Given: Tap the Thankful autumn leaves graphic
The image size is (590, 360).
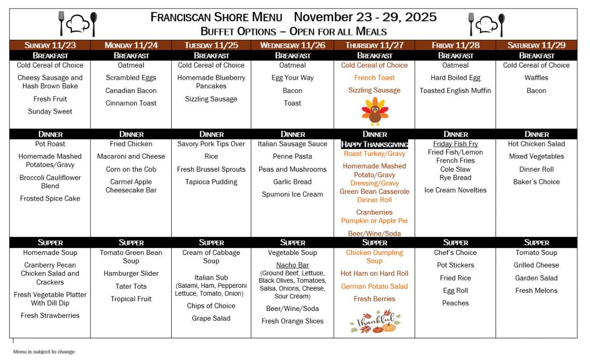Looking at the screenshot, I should pyautogui.click(x=374, y=321).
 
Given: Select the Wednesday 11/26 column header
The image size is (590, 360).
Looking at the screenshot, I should pyautogui.click(x=292, y=45).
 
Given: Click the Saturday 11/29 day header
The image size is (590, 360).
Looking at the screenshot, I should pyautogui.click(x=536, y=45).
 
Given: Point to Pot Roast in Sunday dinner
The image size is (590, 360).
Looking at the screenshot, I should pyautogui.click(x=50, y=144).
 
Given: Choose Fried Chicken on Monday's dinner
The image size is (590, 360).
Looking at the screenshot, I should pyautogui.click(x=131, y=144).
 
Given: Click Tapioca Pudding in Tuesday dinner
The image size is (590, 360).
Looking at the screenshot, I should pyautogui.click(x=211, y=182).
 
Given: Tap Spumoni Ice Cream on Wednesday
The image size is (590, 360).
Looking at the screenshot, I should pyautogui.click(x=292, y=194).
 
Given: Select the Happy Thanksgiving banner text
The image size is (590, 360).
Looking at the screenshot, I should pyautogui.click(x=374, y=144).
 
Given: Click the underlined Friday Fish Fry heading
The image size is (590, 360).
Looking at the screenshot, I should pyautogui.click(x=455, y=144).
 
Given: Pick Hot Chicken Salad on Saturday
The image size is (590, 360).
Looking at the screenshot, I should pyautogui.click(x=536, y=144).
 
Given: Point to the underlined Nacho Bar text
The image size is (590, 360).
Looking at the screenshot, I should pyautogui.click(x=292, y=265).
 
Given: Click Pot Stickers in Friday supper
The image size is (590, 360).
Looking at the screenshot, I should pyautogui.click(x=455, y=265).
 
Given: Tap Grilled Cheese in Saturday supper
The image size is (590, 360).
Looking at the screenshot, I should pyautogui.click(x=536, y=265).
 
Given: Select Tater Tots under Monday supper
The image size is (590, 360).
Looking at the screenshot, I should pyautogui.click(x=131, y=286).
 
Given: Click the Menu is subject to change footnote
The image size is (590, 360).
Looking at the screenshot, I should pyautogui.click(x=44, y=352).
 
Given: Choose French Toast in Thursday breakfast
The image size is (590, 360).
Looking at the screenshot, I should pyautogui.click(x=374, y=78).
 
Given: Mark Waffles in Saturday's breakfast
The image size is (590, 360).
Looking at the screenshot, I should pyautogui.click(x=536, y=78).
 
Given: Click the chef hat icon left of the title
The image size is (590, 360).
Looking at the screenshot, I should pyautogui.click(x=78, y=24).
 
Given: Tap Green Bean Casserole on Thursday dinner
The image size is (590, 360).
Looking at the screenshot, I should pyautogui.click(x=374, y=192).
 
